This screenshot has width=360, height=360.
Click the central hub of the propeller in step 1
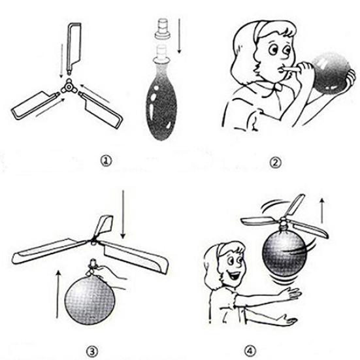pos(68,86)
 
